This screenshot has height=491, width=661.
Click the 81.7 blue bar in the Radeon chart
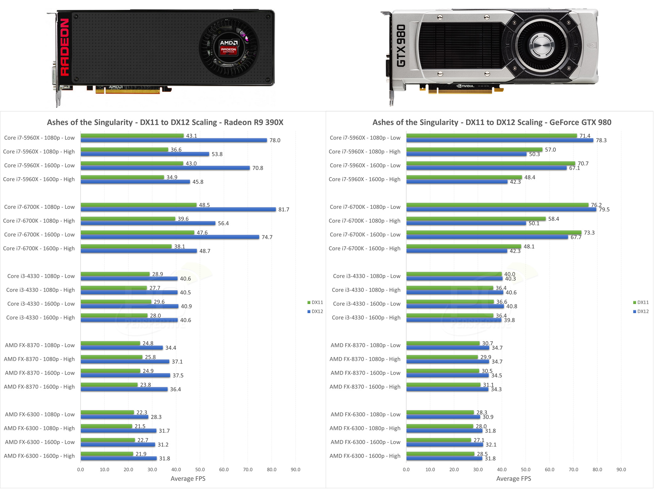(x=178, y=209)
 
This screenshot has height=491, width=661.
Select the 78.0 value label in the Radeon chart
(x=275, y=140)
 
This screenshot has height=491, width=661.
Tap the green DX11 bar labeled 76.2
(x=497, y=205)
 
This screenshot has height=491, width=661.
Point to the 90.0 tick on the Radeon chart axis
(x=295, y=470)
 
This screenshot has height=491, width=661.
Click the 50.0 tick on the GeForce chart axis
(x=525, y=470)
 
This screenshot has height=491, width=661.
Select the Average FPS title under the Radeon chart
(x=188, y=479)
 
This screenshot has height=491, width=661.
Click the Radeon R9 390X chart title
(x=165, y=122)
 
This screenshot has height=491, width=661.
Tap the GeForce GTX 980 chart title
(x=492, y=122)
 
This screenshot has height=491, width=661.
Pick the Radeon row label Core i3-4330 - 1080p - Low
(x=41, y=276)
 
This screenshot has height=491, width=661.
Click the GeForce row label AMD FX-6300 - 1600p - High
(x=365, y=456)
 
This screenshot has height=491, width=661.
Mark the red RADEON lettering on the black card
(x=65, y=47)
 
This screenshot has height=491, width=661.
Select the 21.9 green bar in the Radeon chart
(x=107, y=454)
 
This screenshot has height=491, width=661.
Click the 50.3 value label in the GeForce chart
(x=534, y=154)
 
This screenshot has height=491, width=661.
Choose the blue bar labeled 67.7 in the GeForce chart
(x=487, y=237)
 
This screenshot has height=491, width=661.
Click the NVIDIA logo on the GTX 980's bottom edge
(x=465, y=86)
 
